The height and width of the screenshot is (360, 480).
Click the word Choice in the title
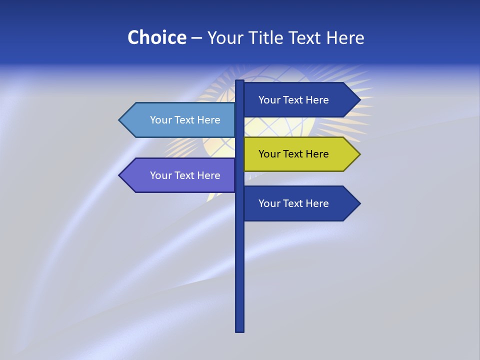156,37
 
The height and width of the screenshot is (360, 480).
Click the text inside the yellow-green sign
293,154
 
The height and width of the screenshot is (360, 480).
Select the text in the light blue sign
185,120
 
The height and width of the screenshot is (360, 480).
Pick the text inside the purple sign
185,175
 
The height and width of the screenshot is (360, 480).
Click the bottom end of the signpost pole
240,330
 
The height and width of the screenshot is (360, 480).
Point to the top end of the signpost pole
240,82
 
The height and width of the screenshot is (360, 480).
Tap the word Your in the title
225,37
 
